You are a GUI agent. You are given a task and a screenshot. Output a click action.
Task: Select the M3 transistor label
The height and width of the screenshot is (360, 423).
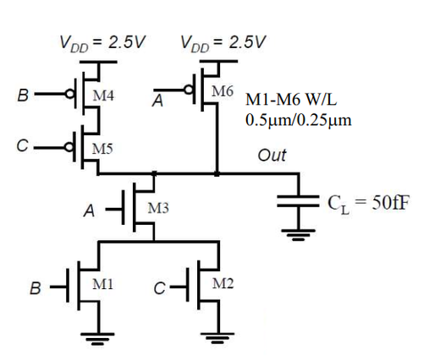159,207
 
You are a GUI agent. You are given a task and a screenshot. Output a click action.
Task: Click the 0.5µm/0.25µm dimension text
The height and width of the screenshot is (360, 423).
298,119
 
